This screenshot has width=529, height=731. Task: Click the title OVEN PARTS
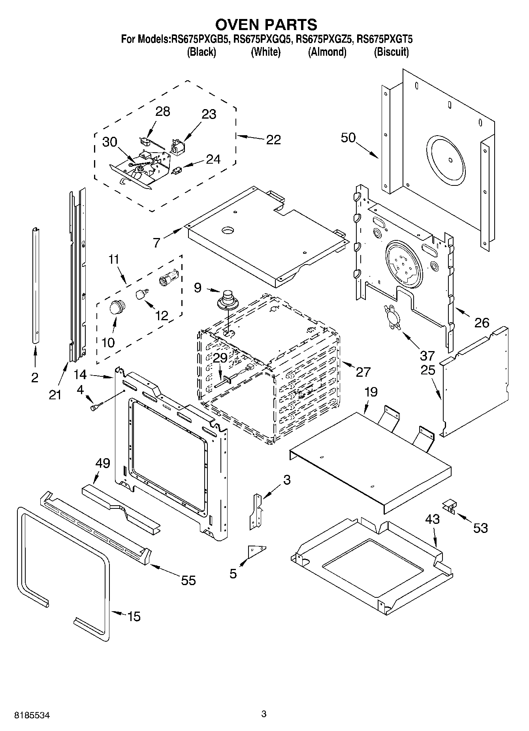tap(266, 25)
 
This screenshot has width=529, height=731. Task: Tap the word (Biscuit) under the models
tap(391, 52)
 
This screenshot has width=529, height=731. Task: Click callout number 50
tap(348, 138)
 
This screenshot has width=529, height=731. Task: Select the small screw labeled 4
tap(96, 406)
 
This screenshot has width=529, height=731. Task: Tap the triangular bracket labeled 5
tap(256, 551)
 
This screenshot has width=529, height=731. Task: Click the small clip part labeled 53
tap(449, 505)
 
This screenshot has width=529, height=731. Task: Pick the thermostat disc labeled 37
tap(391, 317)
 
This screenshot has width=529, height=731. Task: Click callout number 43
tap(433, 519)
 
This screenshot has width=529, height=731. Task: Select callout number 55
tap(188, 580)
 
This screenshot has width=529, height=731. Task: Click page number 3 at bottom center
tap(264, 714)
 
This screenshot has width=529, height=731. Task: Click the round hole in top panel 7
tap(228, 230)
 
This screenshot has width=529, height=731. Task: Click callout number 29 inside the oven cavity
tap(220, 358)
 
